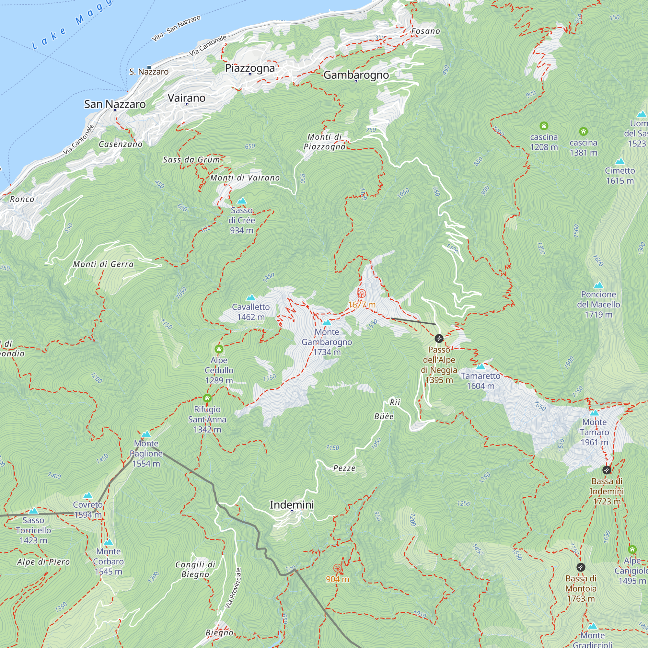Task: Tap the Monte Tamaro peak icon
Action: (x=594, y=413)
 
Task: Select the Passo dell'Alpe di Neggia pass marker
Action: (x=439, y=339)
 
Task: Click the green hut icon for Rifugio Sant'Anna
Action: (x=207, y=398)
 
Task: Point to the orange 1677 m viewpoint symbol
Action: (x=362, y=294)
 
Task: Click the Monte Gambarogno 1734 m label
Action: (x=327, y=342)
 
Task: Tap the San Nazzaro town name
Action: (x=115, y=104)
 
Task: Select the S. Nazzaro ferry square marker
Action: (x=149, y=67)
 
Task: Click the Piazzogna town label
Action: (x=249, y=68)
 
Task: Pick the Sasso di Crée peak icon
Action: (x=241, y=201)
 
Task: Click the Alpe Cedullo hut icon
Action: (x=219, y=349)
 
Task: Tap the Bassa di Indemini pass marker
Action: (x=607, y=470)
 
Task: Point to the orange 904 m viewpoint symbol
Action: (x=337, y=568)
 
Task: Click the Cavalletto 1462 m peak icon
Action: (x=250, y=298)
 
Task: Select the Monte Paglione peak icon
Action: (x=146, y=434)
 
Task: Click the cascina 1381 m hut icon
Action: (x=583, y=131)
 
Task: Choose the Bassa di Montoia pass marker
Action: (x=581, y=567)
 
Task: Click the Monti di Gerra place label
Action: (x=103, y=264)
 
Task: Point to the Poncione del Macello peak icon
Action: (x=598, y=285)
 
